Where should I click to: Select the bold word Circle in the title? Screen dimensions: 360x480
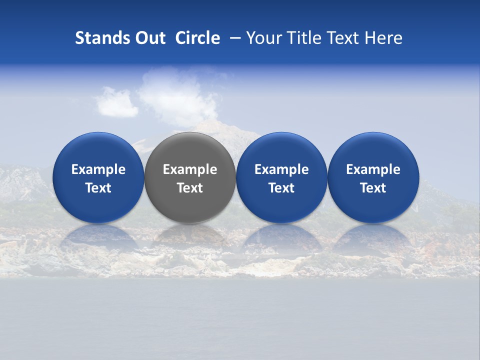click(197, 38)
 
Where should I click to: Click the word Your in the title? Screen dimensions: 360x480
click(263, 38)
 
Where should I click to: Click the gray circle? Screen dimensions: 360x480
click(189, 150)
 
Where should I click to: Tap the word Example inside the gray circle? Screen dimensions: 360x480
click(190, 169)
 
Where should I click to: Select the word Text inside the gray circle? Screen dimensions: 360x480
click(190, 188)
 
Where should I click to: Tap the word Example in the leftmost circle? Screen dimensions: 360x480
click(98, 169)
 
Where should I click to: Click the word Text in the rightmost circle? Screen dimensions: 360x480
click(373, 188)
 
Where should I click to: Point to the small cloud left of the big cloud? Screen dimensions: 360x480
click(116, 102)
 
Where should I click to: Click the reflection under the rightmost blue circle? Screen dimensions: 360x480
click(373, 237)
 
